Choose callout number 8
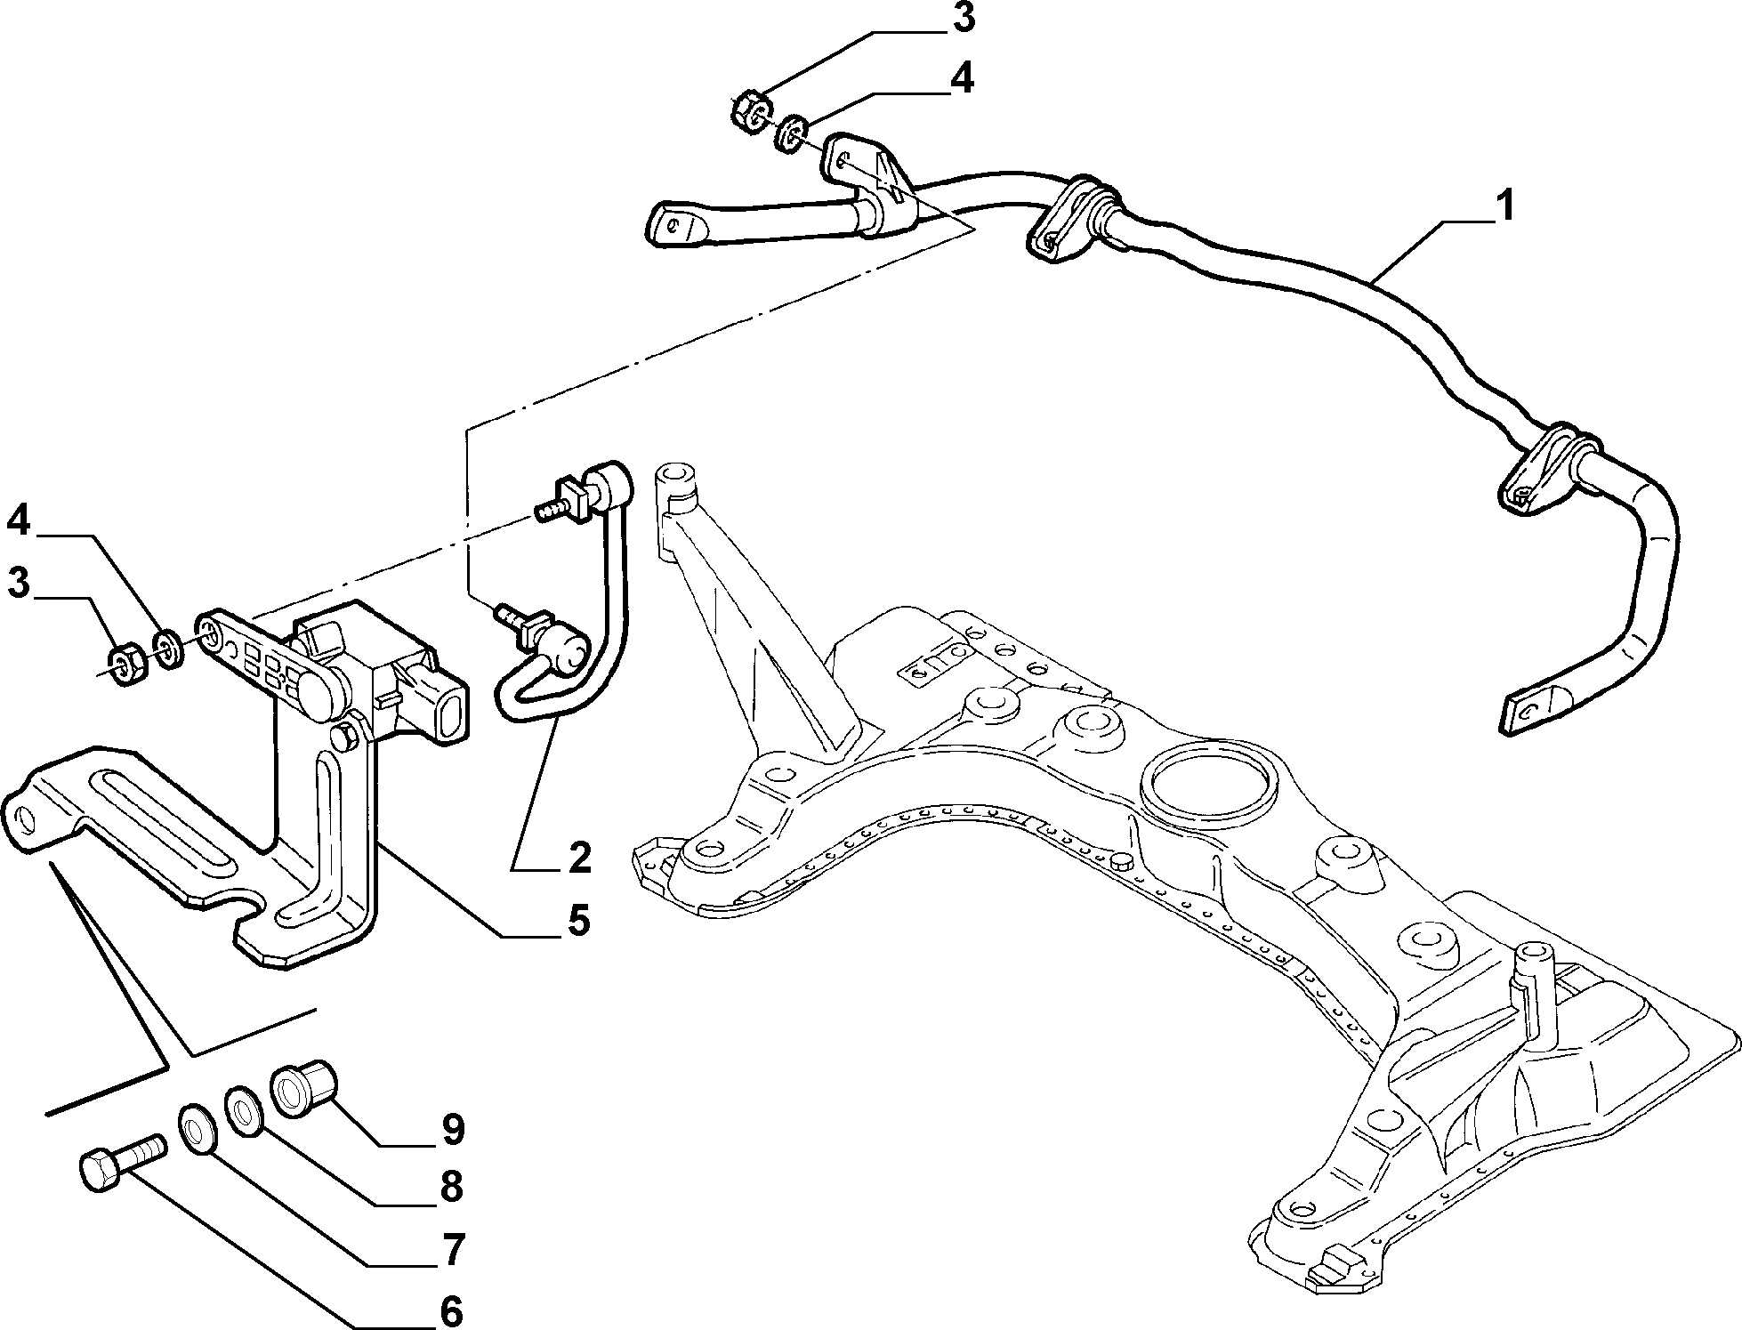pyautogui.click(x=452, y=1188)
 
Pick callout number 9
pyautogui.click(x=452, y=1130)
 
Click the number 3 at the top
pyautogui.click(x=960, y=20)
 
